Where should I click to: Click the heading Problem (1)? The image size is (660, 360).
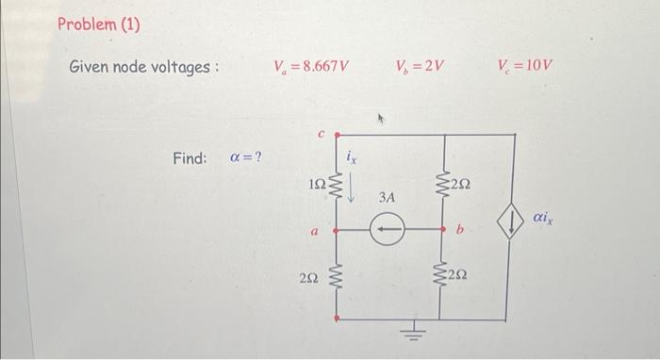click(98, 23)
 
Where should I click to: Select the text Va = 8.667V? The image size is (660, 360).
click(310, 67)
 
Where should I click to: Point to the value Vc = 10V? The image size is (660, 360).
click(525, 67)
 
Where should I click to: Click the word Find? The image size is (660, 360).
click(190, 157)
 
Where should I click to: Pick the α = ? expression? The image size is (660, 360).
click(246, 157)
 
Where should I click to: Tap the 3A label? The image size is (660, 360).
click(388, 199)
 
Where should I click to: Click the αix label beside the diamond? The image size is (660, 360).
click(544, 219)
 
